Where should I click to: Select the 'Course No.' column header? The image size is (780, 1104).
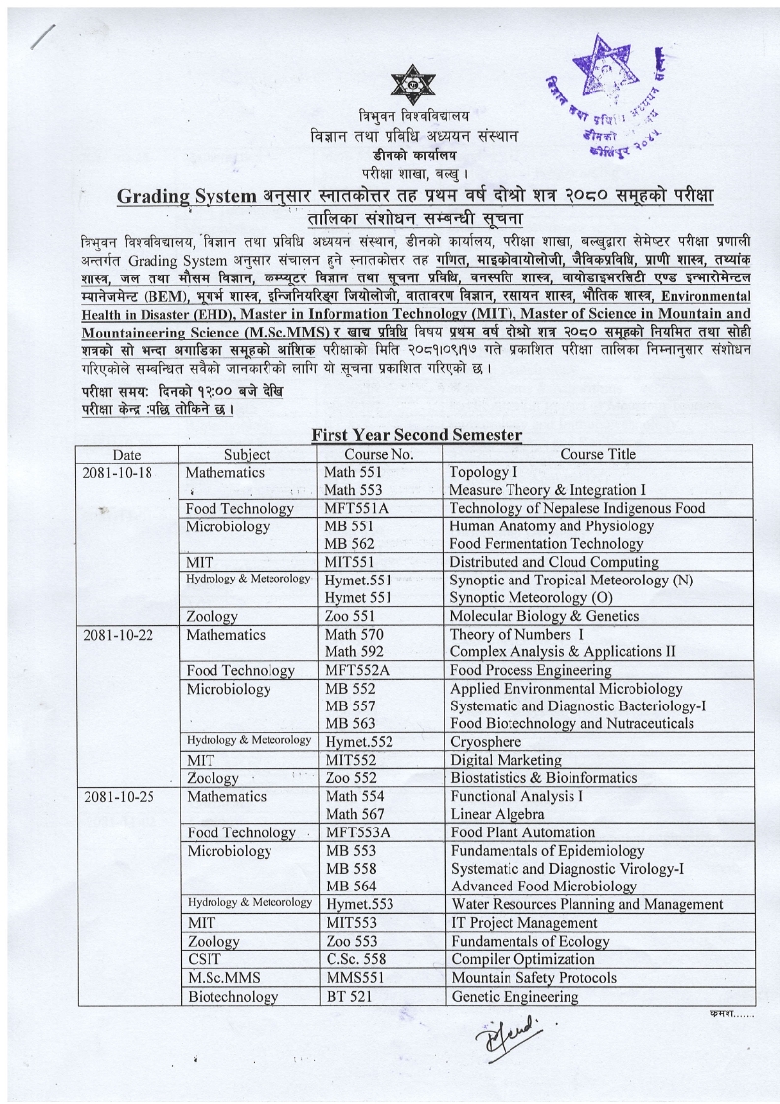[x=379, y=454]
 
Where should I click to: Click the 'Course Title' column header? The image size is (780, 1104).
[x=598, y=454]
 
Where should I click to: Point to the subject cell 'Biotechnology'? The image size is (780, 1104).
[x=232, y=997]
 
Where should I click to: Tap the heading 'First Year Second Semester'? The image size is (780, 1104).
[x=416, y=434]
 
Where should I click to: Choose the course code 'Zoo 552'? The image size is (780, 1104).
[x=351, y=778]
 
